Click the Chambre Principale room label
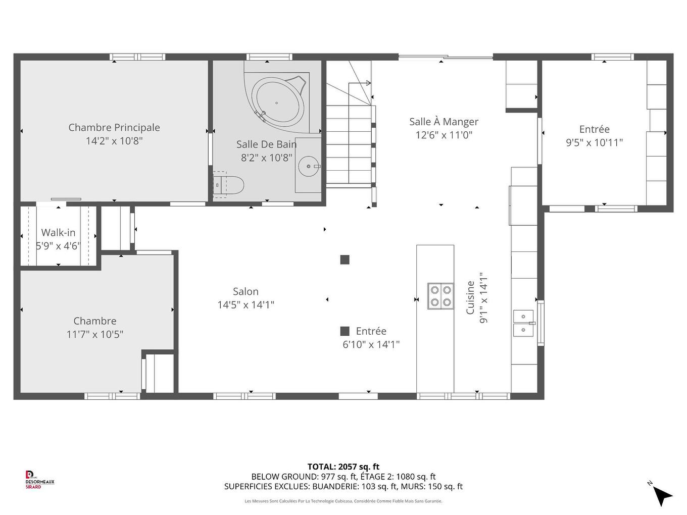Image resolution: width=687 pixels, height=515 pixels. coord(114,128)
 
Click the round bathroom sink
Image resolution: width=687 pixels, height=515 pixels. coord(308,166)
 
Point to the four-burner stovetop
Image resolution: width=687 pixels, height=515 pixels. coord(440,296)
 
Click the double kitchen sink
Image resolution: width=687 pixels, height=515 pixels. coord(523,323)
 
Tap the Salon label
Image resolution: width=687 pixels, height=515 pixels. coord(246,291)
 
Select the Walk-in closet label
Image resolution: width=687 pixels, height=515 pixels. coord(58,233)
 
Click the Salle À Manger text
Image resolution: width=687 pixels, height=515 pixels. coord(444,122)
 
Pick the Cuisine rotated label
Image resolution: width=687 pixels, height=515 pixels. coord(470,298)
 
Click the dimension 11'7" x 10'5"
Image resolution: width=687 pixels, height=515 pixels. coord(95,334)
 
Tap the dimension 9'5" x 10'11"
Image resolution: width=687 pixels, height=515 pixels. coord(594,143)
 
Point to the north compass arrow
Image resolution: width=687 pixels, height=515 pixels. coord(662,495)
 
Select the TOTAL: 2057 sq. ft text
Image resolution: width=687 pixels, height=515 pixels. coord(343,467)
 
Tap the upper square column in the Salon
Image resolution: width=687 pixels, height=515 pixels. coord(345,260)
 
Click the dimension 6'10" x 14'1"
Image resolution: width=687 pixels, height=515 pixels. coord(371,345)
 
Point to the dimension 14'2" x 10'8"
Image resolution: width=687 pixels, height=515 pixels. coord(114,141)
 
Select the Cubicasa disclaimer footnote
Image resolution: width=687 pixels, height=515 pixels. coord(343,501)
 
